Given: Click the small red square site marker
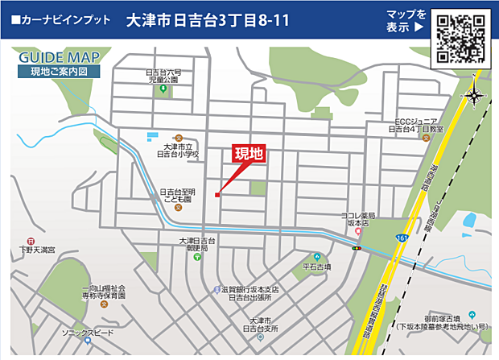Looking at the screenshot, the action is click(x=217, y=193).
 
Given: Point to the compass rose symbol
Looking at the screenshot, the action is click(x=474, y=97).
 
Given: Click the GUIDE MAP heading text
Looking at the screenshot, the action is click(x=59, y=58).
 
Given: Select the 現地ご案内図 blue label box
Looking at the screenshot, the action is click(x=59, y=72).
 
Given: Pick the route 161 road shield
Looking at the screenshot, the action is click(x=400, y=239).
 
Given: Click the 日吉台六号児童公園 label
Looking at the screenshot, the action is click(x=163, y=77).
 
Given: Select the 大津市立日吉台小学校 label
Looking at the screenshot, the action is click(x=179, y=150).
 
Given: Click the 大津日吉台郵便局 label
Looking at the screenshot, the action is click(x=198, y=245).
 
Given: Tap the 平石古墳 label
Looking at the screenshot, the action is click(x=316, y=265).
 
